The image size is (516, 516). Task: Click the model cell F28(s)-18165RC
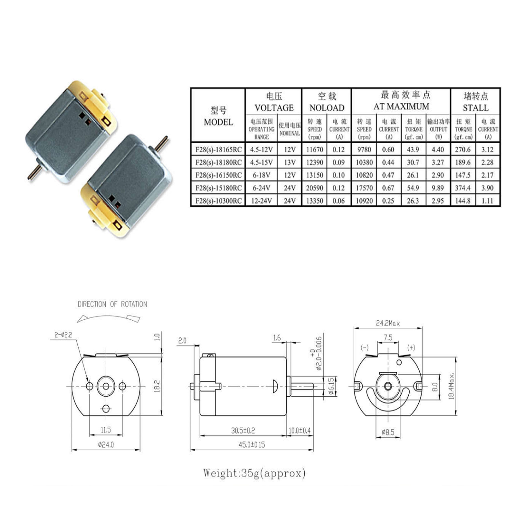point(218,149)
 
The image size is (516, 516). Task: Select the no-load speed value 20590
point(314,188)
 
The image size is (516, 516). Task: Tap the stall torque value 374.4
point(463,188)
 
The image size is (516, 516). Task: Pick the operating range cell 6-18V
point(261,175)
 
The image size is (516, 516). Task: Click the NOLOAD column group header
point(327,108)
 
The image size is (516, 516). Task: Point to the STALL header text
point(476,108)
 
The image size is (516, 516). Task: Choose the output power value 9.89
point(438,188)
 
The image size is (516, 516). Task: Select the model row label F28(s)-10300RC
point(218,201)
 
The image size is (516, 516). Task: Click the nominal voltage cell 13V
point(290,162)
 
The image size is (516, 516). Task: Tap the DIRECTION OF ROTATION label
point(112,304)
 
